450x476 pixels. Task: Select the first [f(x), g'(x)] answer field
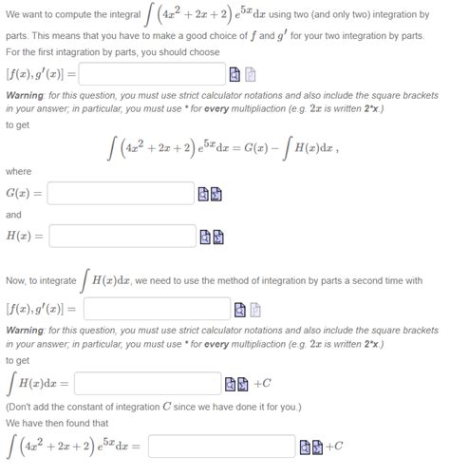point(151,74)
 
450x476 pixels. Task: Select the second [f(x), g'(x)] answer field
point(156,309)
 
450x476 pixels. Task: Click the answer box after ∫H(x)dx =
point(146,383)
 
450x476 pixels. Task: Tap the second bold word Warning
point(26,330)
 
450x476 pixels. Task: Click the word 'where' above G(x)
point(18,171)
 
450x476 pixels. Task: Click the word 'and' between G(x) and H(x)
point(13,215)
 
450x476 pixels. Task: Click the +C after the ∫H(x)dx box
point(262,383)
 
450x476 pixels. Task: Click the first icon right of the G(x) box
point(202,195)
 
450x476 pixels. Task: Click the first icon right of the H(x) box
point(205,236)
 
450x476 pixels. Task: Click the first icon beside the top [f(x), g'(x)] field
point(235,74)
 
